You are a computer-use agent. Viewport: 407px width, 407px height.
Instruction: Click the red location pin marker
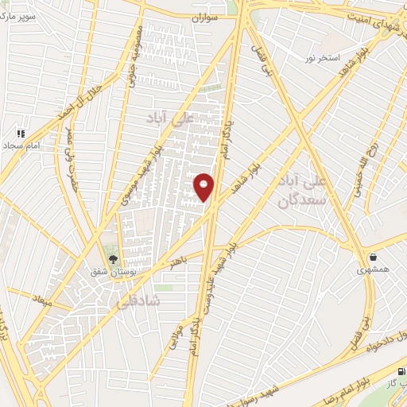[x=204, y=186]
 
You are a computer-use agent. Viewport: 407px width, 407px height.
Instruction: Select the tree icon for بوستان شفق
[x=113, y=258]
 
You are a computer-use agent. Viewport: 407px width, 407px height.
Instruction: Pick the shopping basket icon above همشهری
[x=373, y=257]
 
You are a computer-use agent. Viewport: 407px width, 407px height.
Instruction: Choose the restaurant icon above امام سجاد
[x=21, y=134]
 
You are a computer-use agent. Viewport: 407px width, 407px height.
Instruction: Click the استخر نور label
[x=340, y=60]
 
